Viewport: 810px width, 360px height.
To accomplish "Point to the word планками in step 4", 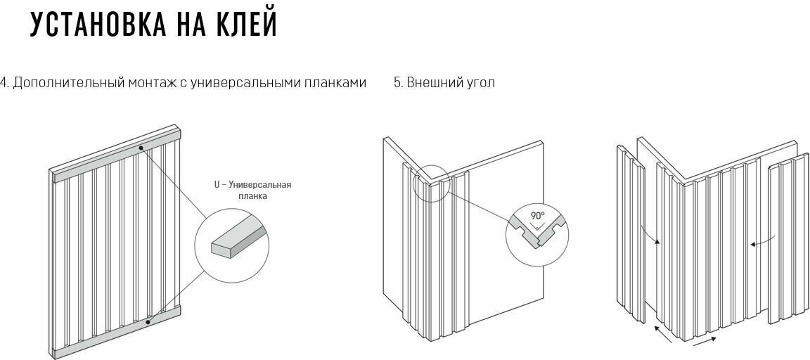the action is (x=335, y=83).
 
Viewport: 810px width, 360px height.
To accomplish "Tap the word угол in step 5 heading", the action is (x=478, y=83).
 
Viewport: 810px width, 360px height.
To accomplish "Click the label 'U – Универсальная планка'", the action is (x=252, y=190).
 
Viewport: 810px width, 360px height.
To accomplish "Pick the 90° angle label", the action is (x=536, y=217).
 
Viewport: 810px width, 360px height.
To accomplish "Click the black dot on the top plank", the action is (x=141, y=148).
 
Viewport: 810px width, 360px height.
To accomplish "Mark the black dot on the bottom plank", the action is (x=148, y=321).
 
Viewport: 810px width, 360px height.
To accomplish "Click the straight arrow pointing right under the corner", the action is (x=705, y=342).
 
